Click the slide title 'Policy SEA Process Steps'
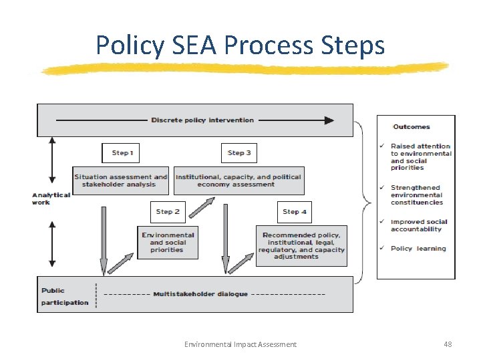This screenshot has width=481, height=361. tap(240, 45)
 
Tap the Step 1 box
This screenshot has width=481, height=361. tap(120, 153)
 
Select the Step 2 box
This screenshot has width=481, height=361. tap(168, 212)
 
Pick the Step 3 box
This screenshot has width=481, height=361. tap(239, 153)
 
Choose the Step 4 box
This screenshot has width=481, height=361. tap(294, 212)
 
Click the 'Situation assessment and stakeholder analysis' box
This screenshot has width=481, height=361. tap(121, 180)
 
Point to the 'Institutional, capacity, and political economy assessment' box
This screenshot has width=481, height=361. tap(238, 180)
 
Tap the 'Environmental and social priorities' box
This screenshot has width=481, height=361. tap(167, 242)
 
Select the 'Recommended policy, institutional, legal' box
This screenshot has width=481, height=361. tap(301, 245)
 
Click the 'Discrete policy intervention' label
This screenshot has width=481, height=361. tap(202, 120)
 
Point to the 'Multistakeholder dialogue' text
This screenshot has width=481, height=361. tap(200, 294)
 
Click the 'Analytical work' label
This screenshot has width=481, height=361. tap(51, 199)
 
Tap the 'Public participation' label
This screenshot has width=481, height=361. tap(64, 297)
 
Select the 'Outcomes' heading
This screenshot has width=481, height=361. tap(412, 127)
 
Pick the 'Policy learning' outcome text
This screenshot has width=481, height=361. tap(418, 249)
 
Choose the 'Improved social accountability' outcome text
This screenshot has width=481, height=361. tap(419, 225)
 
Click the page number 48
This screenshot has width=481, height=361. tap(448, 344)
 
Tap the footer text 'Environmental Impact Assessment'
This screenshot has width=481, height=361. tap(240, 344)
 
